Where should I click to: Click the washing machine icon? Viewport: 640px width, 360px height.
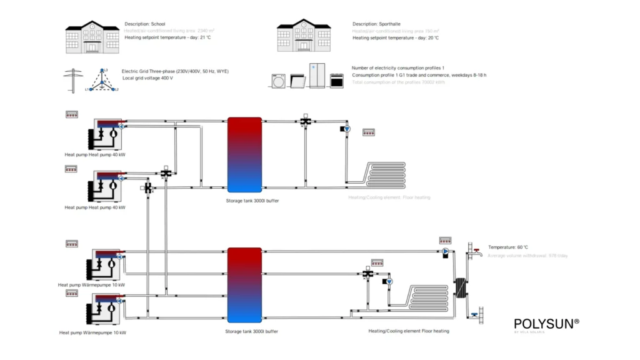tap(278, 81)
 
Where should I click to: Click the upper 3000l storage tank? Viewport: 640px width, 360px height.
tap(244, 154)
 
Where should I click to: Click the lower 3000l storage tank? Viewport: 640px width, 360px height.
tap(244, 286)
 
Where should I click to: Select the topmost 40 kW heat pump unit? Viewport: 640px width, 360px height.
tap(107, 132)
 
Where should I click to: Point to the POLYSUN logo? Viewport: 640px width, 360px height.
tap(546, 324)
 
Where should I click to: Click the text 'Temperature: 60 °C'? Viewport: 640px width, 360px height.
tap(508, 247)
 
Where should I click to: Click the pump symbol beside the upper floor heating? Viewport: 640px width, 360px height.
tap(348, 129)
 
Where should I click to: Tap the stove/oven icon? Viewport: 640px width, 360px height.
tap(336, 81)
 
